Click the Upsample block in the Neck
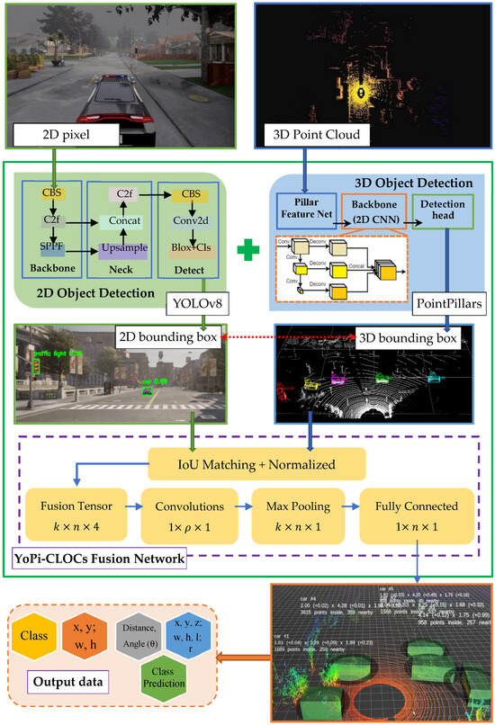[x=124, y=245]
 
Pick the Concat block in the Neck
[x=124, y=219]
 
